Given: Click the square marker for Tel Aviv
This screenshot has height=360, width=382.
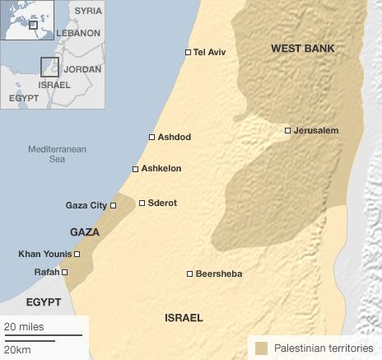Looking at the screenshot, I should pos(188,53).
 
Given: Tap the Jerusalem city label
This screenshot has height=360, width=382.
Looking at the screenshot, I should pos(318,130).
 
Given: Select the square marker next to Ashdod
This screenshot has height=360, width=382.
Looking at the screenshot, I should pos(151,138).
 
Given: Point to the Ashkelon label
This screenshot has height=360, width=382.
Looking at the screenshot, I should pos(161,169).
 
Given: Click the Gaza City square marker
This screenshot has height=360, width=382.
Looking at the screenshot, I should pos(114,205).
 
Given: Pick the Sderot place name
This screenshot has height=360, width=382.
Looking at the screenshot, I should pos(163,203).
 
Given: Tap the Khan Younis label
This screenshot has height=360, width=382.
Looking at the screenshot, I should pos(44,254).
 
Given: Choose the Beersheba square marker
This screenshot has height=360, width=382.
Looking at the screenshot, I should pos(189,274).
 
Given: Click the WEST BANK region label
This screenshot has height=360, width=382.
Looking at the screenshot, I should pos(303,49).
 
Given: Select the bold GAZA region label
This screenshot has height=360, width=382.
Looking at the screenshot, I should pos(85,232).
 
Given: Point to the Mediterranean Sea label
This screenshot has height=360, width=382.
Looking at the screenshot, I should pos(57,154).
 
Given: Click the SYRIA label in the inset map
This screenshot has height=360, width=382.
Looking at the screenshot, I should pos(88,11).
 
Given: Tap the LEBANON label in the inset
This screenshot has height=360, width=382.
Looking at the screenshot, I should pos(77,34).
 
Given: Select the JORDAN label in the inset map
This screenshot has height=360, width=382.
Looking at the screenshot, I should pos(82,69).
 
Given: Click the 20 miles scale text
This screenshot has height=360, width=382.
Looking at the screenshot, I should pos(25,326).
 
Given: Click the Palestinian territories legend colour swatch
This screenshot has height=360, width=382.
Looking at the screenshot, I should pos(261,348).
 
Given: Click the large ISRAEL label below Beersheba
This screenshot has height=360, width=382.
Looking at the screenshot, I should pos(184,317).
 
